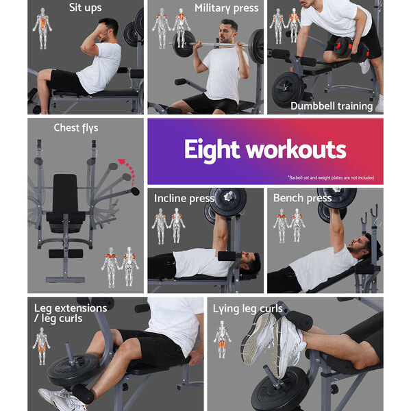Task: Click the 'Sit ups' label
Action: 85,8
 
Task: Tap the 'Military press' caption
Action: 227,8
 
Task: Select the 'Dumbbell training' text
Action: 332,106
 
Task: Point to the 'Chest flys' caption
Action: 76,128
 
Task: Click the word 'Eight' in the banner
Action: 212,149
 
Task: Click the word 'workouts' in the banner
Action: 296,149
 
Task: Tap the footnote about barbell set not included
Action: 331,177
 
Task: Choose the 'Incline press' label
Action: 184,199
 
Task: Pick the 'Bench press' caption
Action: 302,198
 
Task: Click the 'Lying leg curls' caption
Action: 248,309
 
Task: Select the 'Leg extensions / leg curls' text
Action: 71,313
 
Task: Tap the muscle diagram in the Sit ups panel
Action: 42,28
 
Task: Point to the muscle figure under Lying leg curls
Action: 222,340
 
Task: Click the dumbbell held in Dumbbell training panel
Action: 352,49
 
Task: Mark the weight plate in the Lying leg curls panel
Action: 280,389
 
